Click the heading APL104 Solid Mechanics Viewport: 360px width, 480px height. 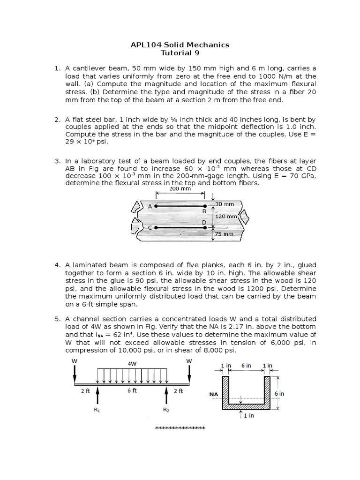pos(180,45)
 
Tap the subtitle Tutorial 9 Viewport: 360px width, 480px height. pos(180,53)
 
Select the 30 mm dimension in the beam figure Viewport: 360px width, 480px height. pos(225,204)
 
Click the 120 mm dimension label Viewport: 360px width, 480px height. pos(226,217)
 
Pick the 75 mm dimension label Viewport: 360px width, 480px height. pos(224,234)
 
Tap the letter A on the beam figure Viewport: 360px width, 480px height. pos(150,206)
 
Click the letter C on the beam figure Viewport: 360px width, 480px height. pos(150,228)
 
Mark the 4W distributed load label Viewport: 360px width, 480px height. pos(132,363)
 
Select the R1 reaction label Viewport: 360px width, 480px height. pos(97,410)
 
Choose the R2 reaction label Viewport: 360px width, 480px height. pos(166,410)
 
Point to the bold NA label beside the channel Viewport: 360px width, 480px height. pos(214,395)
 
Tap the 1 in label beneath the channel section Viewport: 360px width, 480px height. pos(248,416)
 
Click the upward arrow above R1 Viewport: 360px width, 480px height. pos(97,395)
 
